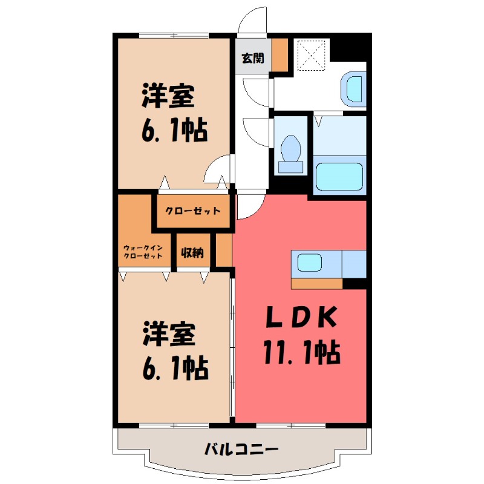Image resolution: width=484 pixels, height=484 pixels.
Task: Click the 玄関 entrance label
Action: point(253,58)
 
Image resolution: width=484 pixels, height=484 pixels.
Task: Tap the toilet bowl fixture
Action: point(292,148)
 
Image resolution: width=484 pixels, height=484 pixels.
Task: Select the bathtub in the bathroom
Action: point(341,176)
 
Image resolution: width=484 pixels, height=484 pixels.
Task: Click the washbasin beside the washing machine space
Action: point(354,88)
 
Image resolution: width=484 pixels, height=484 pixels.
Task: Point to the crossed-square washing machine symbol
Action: point(312,56)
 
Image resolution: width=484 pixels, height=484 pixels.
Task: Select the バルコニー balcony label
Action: point(241,450)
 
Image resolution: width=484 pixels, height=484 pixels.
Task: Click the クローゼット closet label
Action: point(194,211)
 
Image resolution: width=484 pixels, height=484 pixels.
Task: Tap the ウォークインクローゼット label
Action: point(143,252)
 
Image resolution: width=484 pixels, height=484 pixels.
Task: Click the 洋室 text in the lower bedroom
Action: point(168,335)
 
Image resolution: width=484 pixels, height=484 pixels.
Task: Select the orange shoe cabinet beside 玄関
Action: point(280,55)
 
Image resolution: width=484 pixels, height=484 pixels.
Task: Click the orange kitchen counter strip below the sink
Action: point(316,283)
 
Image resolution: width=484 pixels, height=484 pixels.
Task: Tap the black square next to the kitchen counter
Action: point(355,283)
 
